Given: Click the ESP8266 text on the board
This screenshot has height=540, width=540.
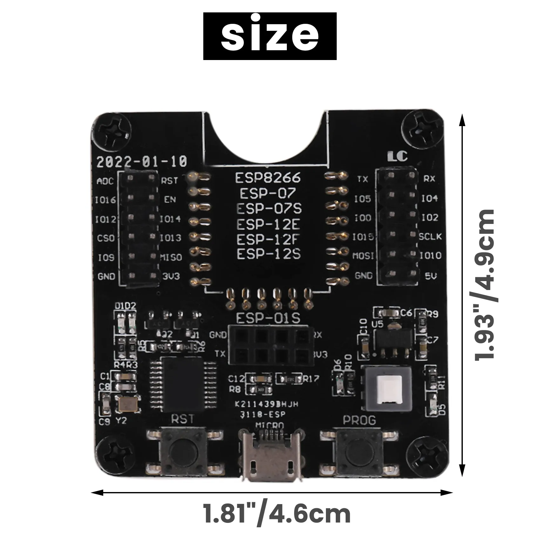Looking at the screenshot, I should (267, 178).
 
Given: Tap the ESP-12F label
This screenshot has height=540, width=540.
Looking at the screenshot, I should (268, 239).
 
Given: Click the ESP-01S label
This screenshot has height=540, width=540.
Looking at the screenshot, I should (268, 318).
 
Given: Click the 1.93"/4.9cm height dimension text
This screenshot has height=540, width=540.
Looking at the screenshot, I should (484, 285).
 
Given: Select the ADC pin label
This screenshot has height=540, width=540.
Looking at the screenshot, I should (105, 181).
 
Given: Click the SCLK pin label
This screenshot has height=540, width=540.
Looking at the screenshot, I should (430, 237).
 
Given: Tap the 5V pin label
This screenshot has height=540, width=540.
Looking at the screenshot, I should (431, 275).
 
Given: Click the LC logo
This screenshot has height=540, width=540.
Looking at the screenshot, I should (397, 156).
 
